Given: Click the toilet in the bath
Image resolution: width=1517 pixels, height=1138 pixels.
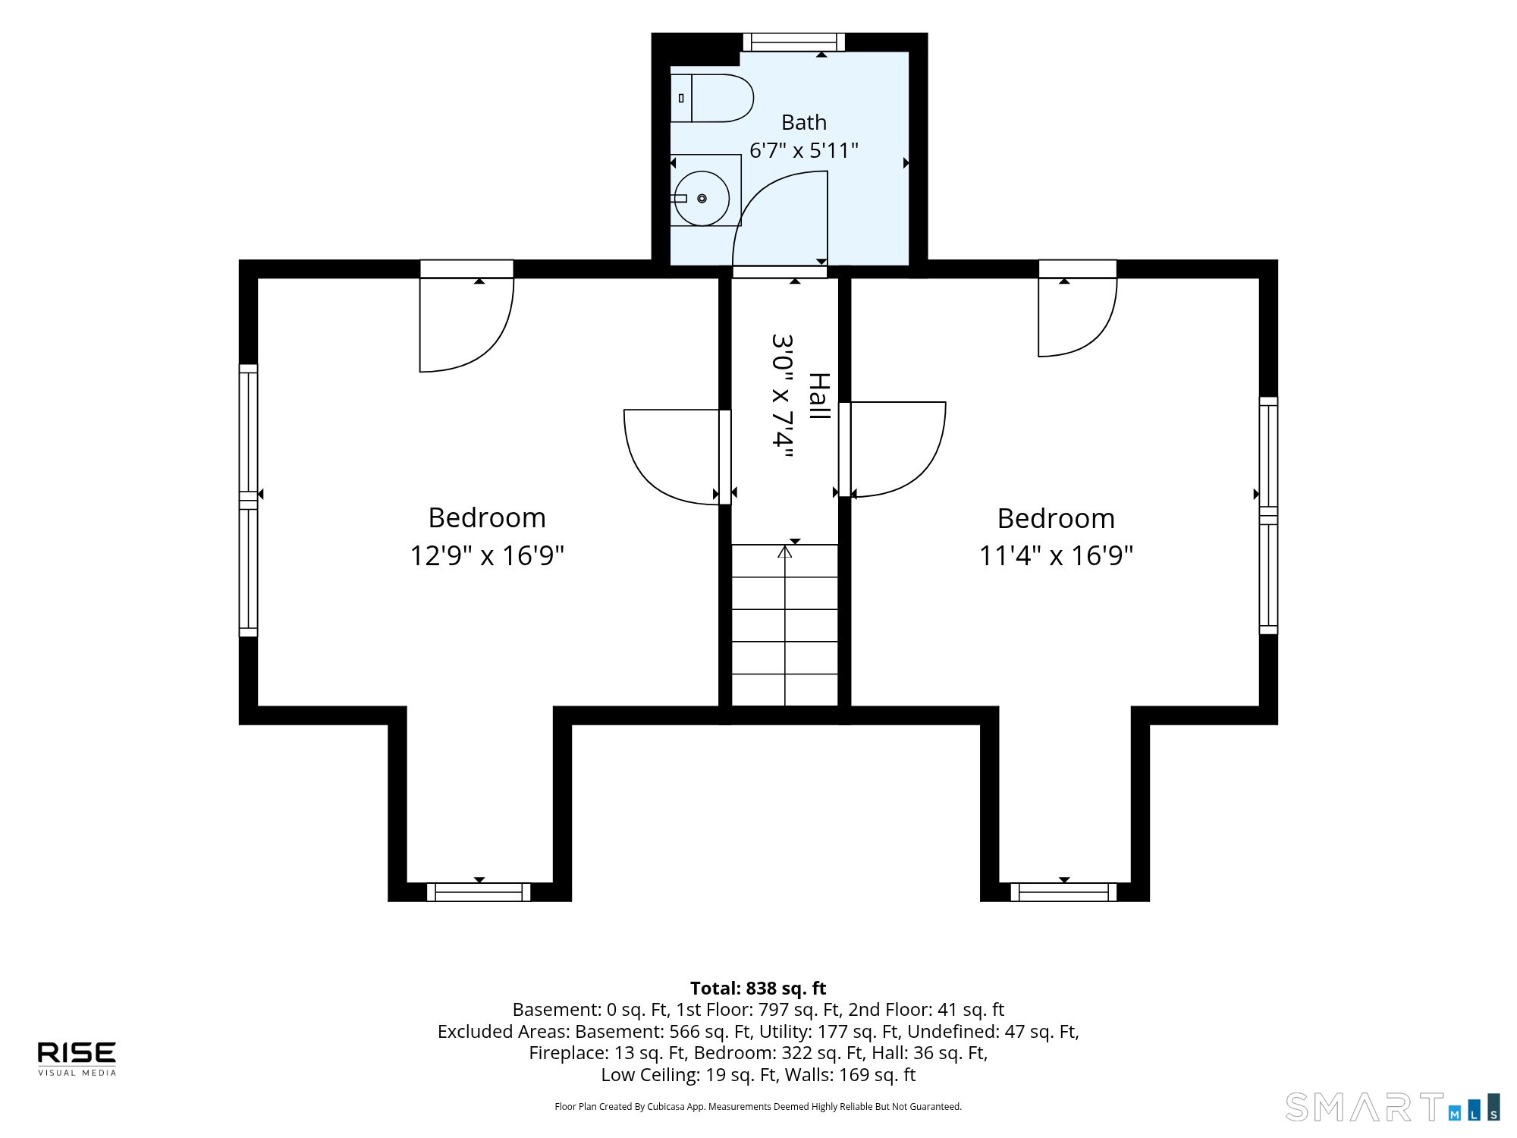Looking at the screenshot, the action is pos(711,98).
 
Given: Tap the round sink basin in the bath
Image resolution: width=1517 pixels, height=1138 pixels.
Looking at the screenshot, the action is pos(702,198).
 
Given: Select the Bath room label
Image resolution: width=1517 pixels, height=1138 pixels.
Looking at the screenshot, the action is pos(804,122).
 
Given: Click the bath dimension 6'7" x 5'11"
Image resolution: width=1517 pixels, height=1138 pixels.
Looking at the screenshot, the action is pos(804,150).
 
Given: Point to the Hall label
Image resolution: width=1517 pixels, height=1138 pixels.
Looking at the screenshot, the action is pos(819,395).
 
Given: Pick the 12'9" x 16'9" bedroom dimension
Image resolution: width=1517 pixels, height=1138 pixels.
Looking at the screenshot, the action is pos(487,555).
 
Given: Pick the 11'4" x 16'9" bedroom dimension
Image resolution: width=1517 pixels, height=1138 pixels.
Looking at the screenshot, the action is pos(1056,555).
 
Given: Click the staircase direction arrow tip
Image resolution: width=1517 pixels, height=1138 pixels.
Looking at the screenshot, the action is pos(785,546).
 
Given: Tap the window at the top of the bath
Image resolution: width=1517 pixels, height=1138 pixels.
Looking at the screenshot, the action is pos(793,42).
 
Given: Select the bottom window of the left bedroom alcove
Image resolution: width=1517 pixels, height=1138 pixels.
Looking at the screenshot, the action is pos(479,891).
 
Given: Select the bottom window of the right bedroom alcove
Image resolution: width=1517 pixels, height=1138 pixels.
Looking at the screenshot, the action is pos(1063,891).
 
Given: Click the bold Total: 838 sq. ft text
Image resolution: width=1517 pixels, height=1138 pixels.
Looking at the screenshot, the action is pos(758,988).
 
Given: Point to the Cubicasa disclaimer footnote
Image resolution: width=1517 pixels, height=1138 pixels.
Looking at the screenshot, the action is pos(758,1107).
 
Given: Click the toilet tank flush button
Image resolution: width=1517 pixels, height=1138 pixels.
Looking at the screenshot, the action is pos(681,98).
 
